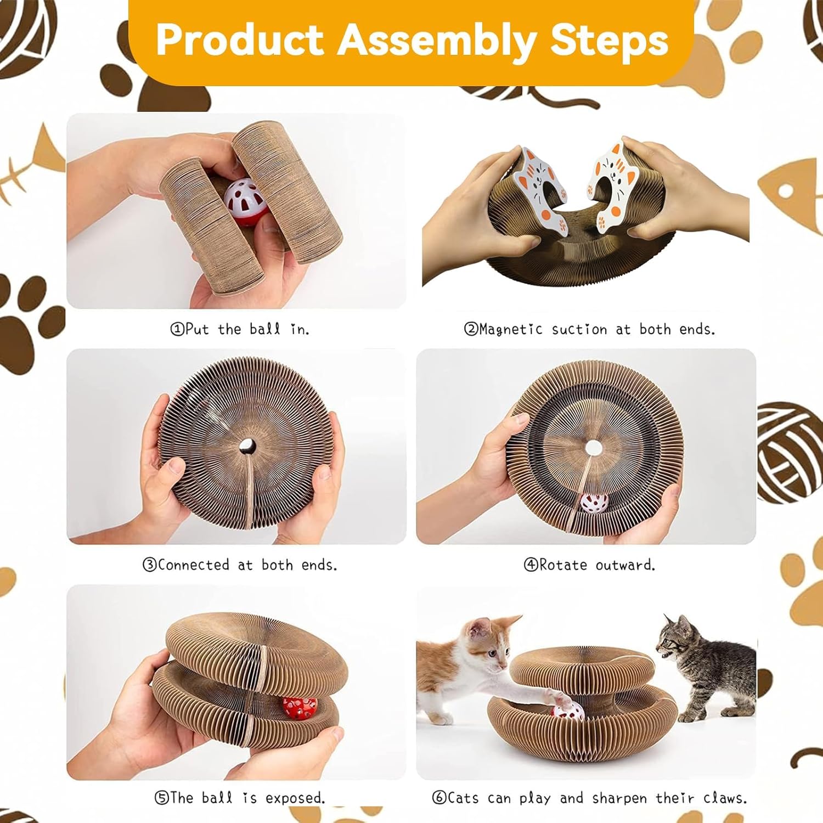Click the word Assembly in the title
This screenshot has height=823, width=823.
tap(436, 41)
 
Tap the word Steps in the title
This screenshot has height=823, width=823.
tap(609, 41)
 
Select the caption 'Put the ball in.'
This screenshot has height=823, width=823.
tap(240, 329)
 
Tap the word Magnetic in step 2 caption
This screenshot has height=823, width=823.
tap(511, 329)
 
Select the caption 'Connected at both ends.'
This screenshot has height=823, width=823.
tap(240, 565)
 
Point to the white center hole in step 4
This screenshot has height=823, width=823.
tap(593, 448)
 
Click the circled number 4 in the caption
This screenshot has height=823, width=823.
tap(531, 565)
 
